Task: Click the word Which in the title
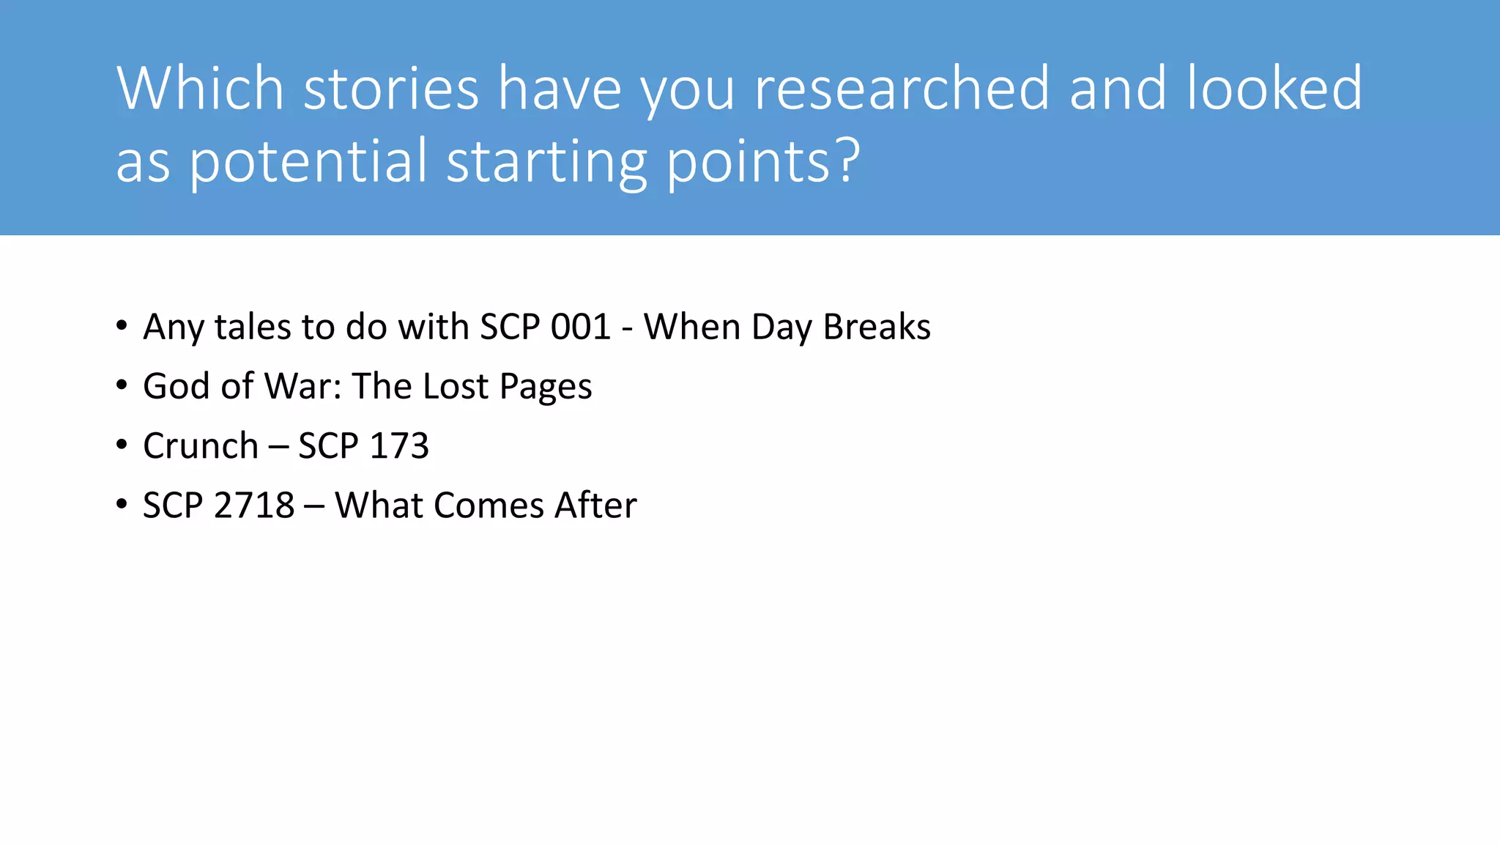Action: (x=200, y=89)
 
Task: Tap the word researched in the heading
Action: (x=902, y=89)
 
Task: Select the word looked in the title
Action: (x=1274, y=89)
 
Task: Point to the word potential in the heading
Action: (x=308, y=163)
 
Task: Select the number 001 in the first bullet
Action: (x=581, y=327)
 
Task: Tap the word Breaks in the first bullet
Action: (x=877, y=327)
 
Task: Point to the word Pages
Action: (x=546, y=388)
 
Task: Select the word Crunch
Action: (x=201, y=446)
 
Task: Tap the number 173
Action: (x=399, y=446)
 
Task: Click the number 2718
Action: (x=256, y=506)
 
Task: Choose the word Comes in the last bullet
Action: (x=489, y=506)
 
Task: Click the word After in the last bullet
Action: (x=595, y=506)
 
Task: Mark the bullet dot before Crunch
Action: (x=122, y=445)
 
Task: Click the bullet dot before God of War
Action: (x=122, y=385)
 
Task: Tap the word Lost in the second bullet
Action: (x=456, y=386)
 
